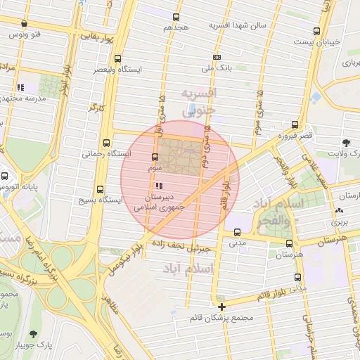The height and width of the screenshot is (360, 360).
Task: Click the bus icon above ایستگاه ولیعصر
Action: click(117, 59)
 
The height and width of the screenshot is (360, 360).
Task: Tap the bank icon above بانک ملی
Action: click(216, 58)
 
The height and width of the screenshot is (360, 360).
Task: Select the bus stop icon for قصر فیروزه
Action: click(292, 123)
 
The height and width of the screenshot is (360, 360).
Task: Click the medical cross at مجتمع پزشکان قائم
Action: click(221, 307)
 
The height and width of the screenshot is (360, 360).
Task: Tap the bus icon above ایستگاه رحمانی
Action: click(106, 142)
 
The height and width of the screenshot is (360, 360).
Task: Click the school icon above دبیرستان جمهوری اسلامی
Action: click(159, 186)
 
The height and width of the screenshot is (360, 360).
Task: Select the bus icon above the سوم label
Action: click(155, 157)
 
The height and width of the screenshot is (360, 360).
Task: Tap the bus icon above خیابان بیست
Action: click(317, 31)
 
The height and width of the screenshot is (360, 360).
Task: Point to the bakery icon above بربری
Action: click(340, 210)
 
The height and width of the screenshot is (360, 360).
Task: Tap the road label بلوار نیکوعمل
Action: click(128, 258)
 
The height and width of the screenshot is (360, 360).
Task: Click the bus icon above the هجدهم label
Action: click(175, 17)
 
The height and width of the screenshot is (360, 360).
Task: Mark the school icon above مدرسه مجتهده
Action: click(20, 87)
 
